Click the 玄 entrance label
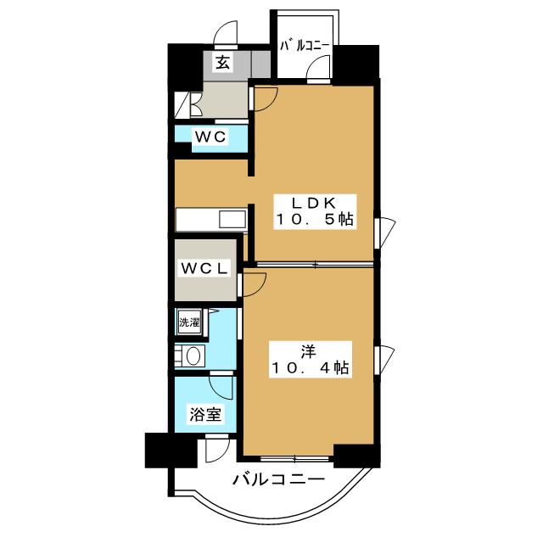point(222,63)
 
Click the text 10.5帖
point(312,220)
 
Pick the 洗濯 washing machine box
point(188,322)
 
